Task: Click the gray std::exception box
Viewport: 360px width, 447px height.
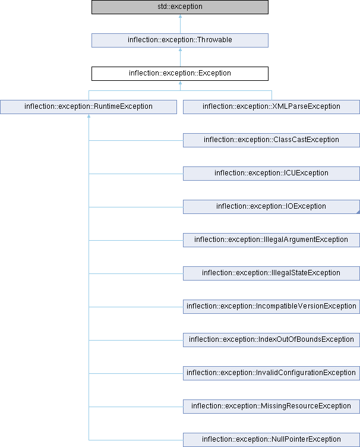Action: click(x=180, y=7)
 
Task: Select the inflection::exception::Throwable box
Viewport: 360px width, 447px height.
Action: click(x=180, y=40)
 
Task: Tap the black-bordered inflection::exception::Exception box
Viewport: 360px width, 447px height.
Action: click(x=180, y=74)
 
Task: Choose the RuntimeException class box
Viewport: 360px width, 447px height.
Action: click(x=89, y=107)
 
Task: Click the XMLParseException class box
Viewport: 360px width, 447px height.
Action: click(x=271, y=107)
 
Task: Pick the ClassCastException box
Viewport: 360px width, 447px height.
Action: click(x=271, y=140)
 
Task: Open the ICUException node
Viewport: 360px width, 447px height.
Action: click(x=271, y=174)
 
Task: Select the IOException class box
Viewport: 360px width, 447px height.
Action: click(x=271, y=207)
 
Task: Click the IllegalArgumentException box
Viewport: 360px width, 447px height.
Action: click(x=271, y=240)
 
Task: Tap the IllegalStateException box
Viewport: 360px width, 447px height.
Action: click(x=271, y=273)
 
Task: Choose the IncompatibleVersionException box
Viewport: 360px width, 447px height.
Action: click(x=271, y=307)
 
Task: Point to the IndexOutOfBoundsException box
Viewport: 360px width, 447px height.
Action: click(x=271, y=340)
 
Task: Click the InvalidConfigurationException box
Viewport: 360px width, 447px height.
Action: click(x=271, y=373)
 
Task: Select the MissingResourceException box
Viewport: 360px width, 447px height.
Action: click(x=271, y=407)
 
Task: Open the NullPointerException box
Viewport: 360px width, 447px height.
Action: click(x=271, y=440)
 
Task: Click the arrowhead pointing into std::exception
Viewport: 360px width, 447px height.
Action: click(x=180, y=16)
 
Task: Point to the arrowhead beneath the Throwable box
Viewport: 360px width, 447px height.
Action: click(x=180, y=49)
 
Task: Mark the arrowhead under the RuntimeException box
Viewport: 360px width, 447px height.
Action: click(x=89, y=116)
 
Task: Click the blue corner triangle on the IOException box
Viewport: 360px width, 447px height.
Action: click(x=358, y=212)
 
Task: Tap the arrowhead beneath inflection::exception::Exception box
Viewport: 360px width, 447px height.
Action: click(x=180, y=83)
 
